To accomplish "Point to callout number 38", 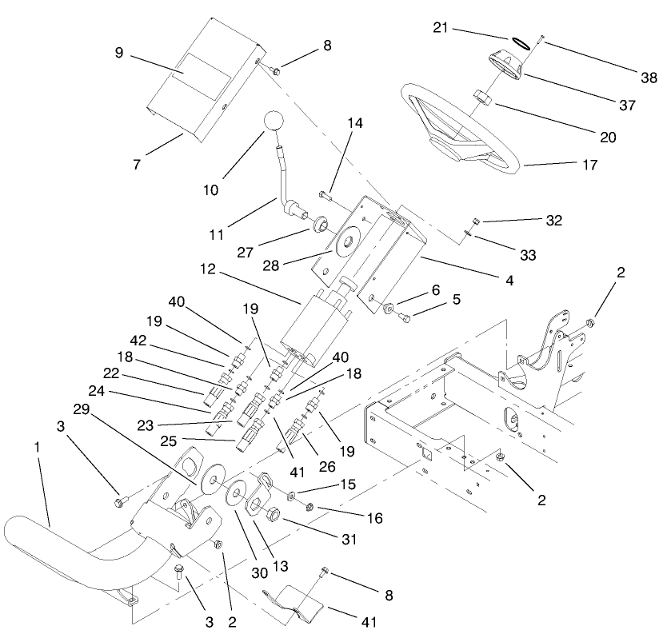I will pyautogui.click(x=649, y=78).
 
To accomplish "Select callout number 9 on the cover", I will pyautogui.click(x=119, y=54).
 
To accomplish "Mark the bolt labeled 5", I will pyautogui.click(x=403, y=319).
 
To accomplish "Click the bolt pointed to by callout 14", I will pyautogui.click(x=324, y=193).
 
